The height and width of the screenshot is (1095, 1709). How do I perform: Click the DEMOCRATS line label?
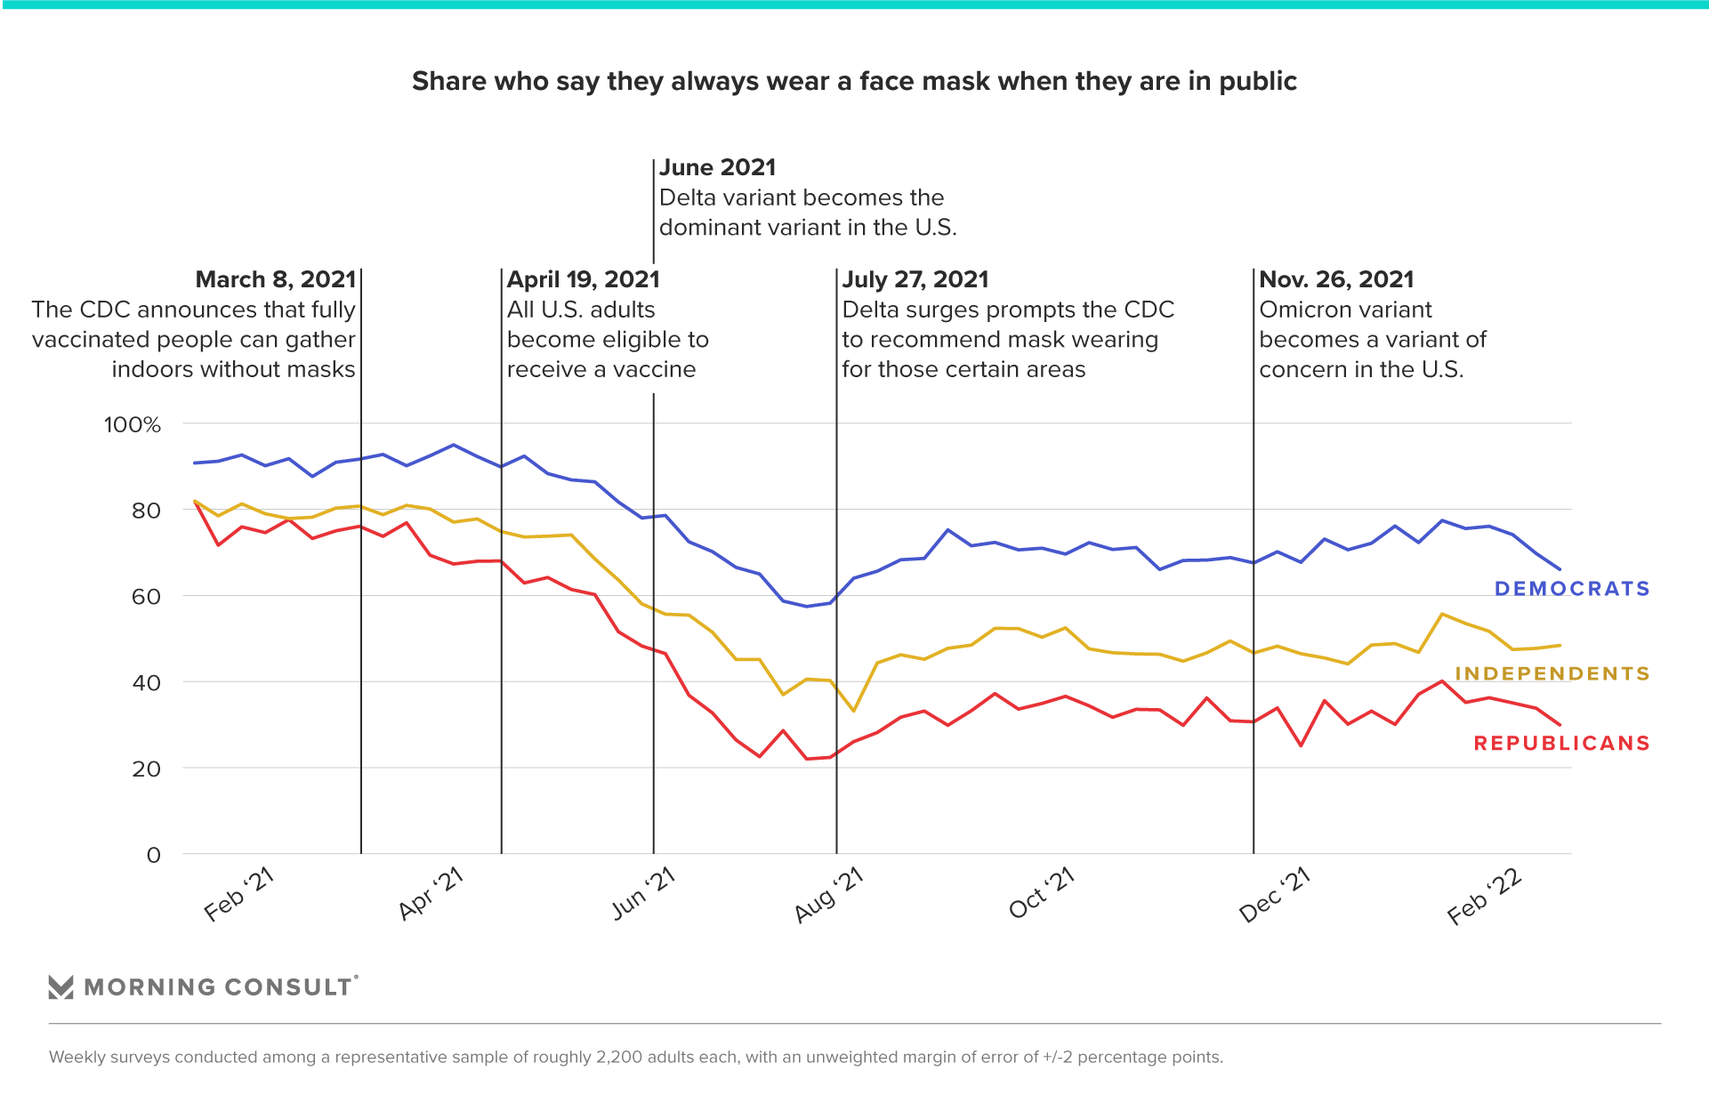click(1571, 589)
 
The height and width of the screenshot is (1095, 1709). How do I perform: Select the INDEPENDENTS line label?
click(1552, 674)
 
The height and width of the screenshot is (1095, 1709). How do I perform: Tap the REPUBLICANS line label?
click(1561, 744)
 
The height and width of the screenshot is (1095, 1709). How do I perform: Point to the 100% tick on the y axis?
click(133, 425)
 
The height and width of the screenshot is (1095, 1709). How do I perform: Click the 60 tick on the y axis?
click(146, 597)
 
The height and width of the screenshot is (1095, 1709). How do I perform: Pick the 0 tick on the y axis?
click(153, 856)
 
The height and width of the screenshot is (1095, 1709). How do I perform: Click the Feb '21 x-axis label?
click(238, 895)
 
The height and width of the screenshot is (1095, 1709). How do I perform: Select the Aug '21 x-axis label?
click(829, 895)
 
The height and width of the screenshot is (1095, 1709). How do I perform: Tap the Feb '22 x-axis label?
click(1485, 897)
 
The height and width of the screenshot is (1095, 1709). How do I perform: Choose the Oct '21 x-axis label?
click(1042, 893)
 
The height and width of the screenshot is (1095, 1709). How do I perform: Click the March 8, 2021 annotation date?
click(276, 280)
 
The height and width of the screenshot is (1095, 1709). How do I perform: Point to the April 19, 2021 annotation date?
click(584, 280)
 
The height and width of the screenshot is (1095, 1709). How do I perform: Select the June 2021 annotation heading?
click(718, 168)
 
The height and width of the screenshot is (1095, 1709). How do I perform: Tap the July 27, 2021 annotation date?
click(915, 280)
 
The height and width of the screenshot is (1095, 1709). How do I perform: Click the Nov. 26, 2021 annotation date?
click(1336, 280)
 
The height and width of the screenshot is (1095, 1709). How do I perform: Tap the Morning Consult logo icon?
click(60, 987)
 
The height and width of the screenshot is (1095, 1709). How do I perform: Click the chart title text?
click(854, 82)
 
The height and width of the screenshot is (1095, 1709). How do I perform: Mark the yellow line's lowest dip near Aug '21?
click(854, 711)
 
